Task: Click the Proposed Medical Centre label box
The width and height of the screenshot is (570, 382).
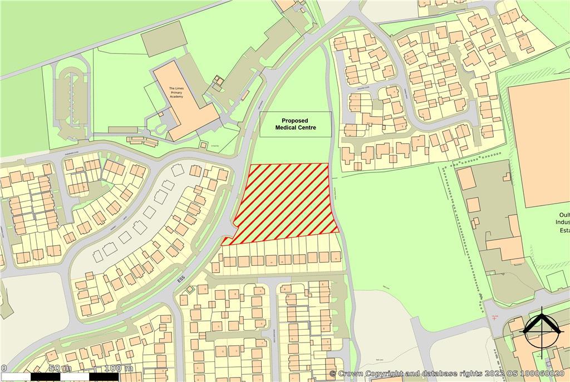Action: pyautogui.click(x=295, y=124)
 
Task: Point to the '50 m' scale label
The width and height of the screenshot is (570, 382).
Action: pyautogui.click(x=60, y=368)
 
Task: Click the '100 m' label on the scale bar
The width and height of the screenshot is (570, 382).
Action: pyautogui.click(x=117, y=368)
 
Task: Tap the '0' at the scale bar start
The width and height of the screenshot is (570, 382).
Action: pyautogui.click(x=3, y=368)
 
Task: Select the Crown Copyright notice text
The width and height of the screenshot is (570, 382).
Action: pyautogui.click(x=448, y=374)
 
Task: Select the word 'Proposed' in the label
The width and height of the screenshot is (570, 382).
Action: pyautogui.click(x=295, y=121)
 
